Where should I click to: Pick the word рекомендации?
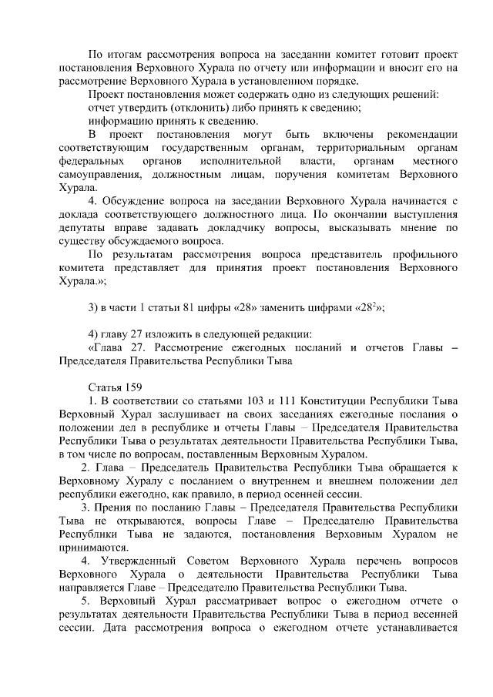(x=419, y=134)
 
